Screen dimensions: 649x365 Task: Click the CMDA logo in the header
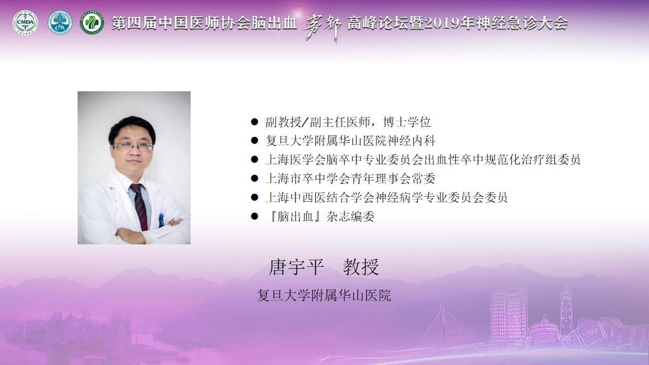point(25,23)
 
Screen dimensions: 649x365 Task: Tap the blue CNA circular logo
point(60,23)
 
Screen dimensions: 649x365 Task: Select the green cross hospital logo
point(92,23)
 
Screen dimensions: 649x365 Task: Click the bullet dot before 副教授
point(255,122)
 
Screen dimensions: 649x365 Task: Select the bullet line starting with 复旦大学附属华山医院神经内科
point(350,141)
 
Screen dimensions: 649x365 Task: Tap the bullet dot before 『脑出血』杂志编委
point(255,216)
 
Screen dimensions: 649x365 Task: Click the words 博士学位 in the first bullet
point(407,122)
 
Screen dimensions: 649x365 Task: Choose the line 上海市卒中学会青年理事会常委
point(350,178)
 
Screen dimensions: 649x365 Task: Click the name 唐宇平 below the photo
point(296,267)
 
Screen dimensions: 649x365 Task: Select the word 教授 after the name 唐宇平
point(361,267)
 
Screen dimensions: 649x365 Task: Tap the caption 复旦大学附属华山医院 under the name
point(324,295)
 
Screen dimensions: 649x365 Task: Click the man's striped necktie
point(139,206)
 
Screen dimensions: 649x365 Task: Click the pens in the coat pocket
point(161,220)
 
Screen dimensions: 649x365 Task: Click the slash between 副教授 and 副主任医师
point(305,122)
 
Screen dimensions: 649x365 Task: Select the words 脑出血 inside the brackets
point(295,216)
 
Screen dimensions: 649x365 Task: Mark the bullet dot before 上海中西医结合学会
point(255,198)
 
